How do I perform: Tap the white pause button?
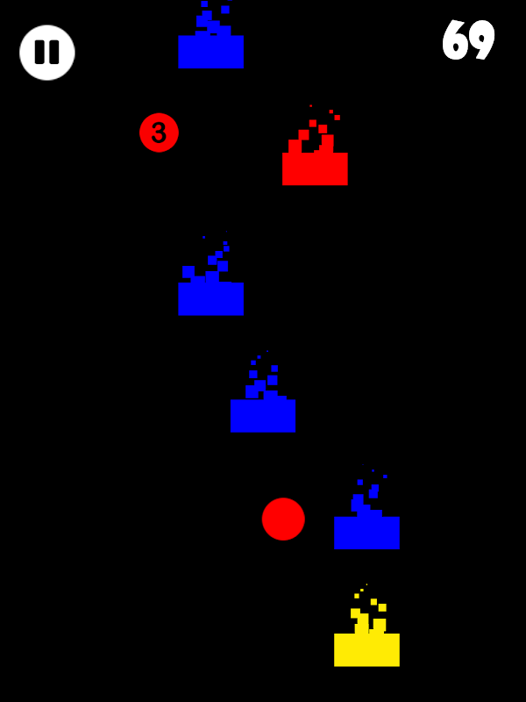47,53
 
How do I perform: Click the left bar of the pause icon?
39,52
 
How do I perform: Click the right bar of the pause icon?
54,52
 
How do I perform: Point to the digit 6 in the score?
455,39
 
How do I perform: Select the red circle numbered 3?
159,133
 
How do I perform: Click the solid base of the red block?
315,168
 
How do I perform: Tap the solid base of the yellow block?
366,649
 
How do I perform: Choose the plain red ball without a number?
283,519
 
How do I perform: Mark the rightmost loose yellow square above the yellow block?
382,607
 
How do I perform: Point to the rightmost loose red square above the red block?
338,118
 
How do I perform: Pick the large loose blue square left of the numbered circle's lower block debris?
188,272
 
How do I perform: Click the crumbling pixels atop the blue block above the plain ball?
264,376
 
